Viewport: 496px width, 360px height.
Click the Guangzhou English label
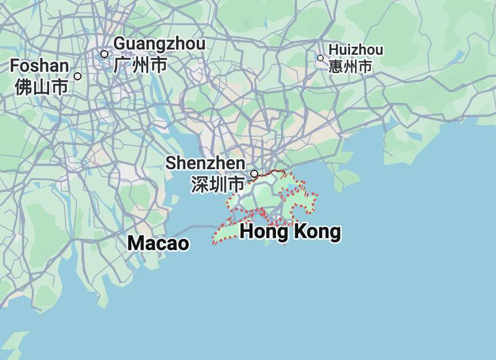(159, 43)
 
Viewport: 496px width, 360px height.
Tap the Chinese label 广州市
(140, 65)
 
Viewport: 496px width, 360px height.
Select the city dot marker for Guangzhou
(104, 54)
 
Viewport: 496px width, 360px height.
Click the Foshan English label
(39, 66)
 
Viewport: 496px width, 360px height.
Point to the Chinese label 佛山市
(41, 87)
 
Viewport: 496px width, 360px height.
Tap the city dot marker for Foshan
(78, 76)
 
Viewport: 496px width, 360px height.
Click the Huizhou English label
(356, 50)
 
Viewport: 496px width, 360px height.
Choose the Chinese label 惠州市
(350, 67)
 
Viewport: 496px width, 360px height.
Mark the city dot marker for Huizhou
(320, 58)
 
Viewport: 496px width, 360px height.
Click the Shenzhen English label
(205, 163)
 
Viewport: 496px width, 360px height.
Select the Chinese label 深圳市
(218, 185)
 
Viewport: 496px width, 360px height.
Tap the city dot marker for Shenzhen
(254, 173)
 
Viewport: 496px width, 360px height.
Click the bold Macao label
(158, 243)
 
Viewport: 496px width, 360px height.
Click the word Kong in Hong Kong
(317, 232)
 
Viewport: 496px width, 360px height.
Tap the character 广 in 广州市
(123, 65)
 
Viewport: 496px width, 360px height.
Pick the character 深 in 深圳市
(200, 185)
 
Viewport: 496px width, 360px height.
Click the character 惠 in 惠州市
(336, 67)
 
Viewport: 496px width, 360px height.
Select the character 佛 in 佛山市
(23, 87)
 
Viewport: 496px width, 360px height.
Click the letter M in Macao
(136, 243)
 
